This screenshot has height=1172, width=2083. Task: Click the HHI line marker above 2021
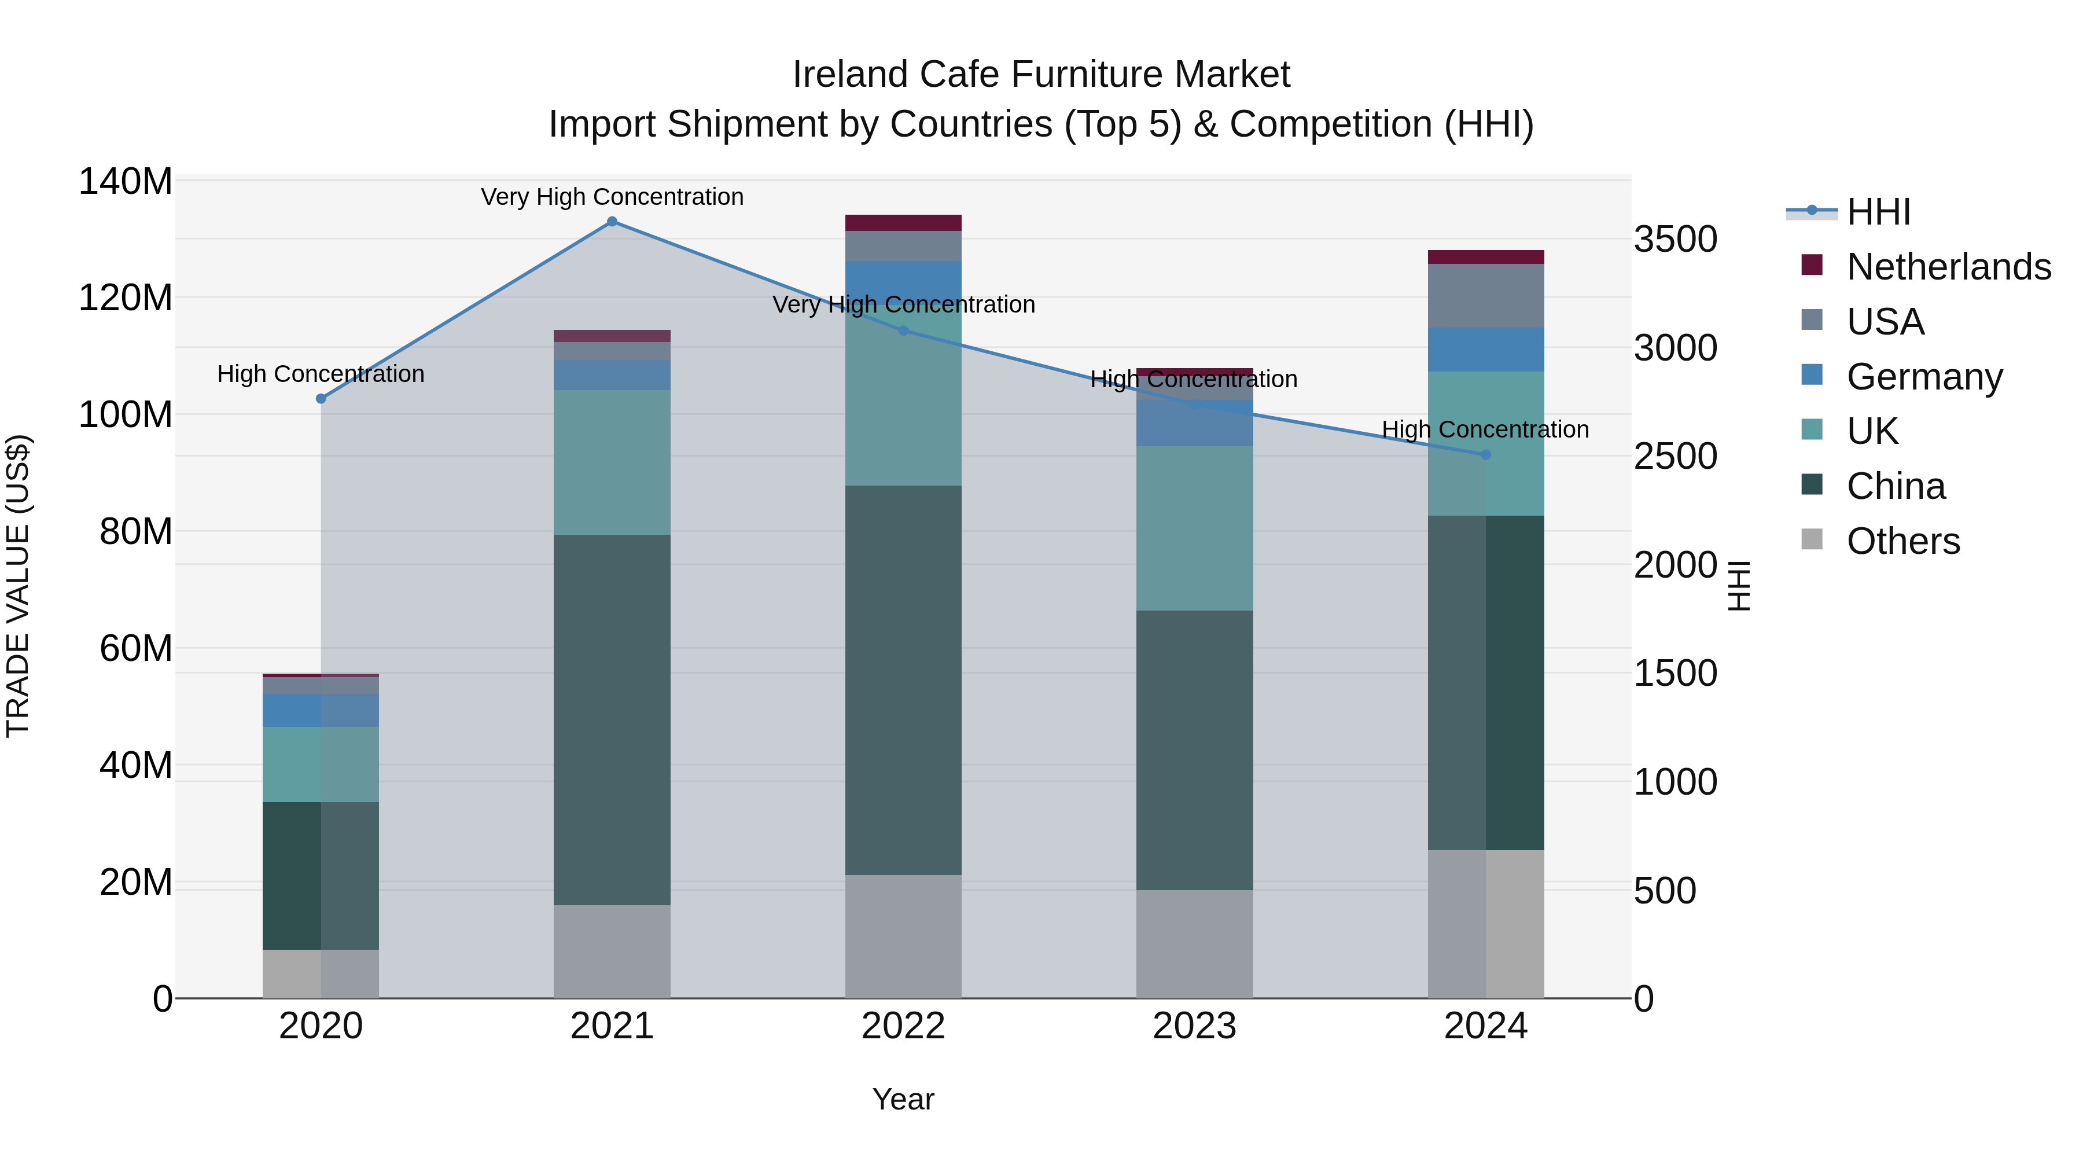pos(612,222)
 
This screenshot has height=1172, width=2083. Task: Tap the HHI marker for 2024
pos(1485,455)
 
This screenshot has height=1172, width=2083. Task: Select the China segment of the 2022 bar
pos(903,679)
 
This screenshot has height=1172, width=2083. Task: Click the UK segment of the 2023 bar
pos(1194,528)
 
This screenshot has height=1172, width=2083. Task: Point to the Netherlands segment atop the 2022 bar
pos(903,223)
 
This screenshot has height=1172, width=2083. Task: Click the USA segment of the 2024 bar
pos(1485,296)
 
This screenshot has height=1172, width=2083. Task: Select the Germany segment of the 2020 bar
pos(321,710)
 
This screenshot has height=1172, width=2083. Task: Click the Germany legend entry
pos(1924,377)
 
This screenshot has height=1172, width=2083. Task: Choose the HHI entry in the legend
pos(1878,212)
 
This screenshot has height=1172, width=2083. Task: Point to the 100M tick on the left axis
pos(126,415)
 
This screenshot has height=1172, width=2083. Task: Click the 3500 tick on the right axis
pos(1676,240)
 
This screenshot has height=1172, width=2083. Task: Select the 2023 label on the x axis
pos(1194,1026)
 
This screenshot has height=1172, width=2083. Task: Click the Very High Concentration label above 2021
pos(612,197)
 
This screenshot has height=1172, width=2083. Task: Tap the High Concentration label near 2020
pos(321,374)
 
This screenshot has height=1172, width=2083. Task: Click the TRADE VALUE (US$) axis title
pos(18,586)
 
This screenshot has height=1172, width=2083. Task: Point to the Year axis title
pos(903,1099)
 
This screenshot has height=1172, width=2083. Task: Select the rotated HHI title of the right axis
pos(1739,586)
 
